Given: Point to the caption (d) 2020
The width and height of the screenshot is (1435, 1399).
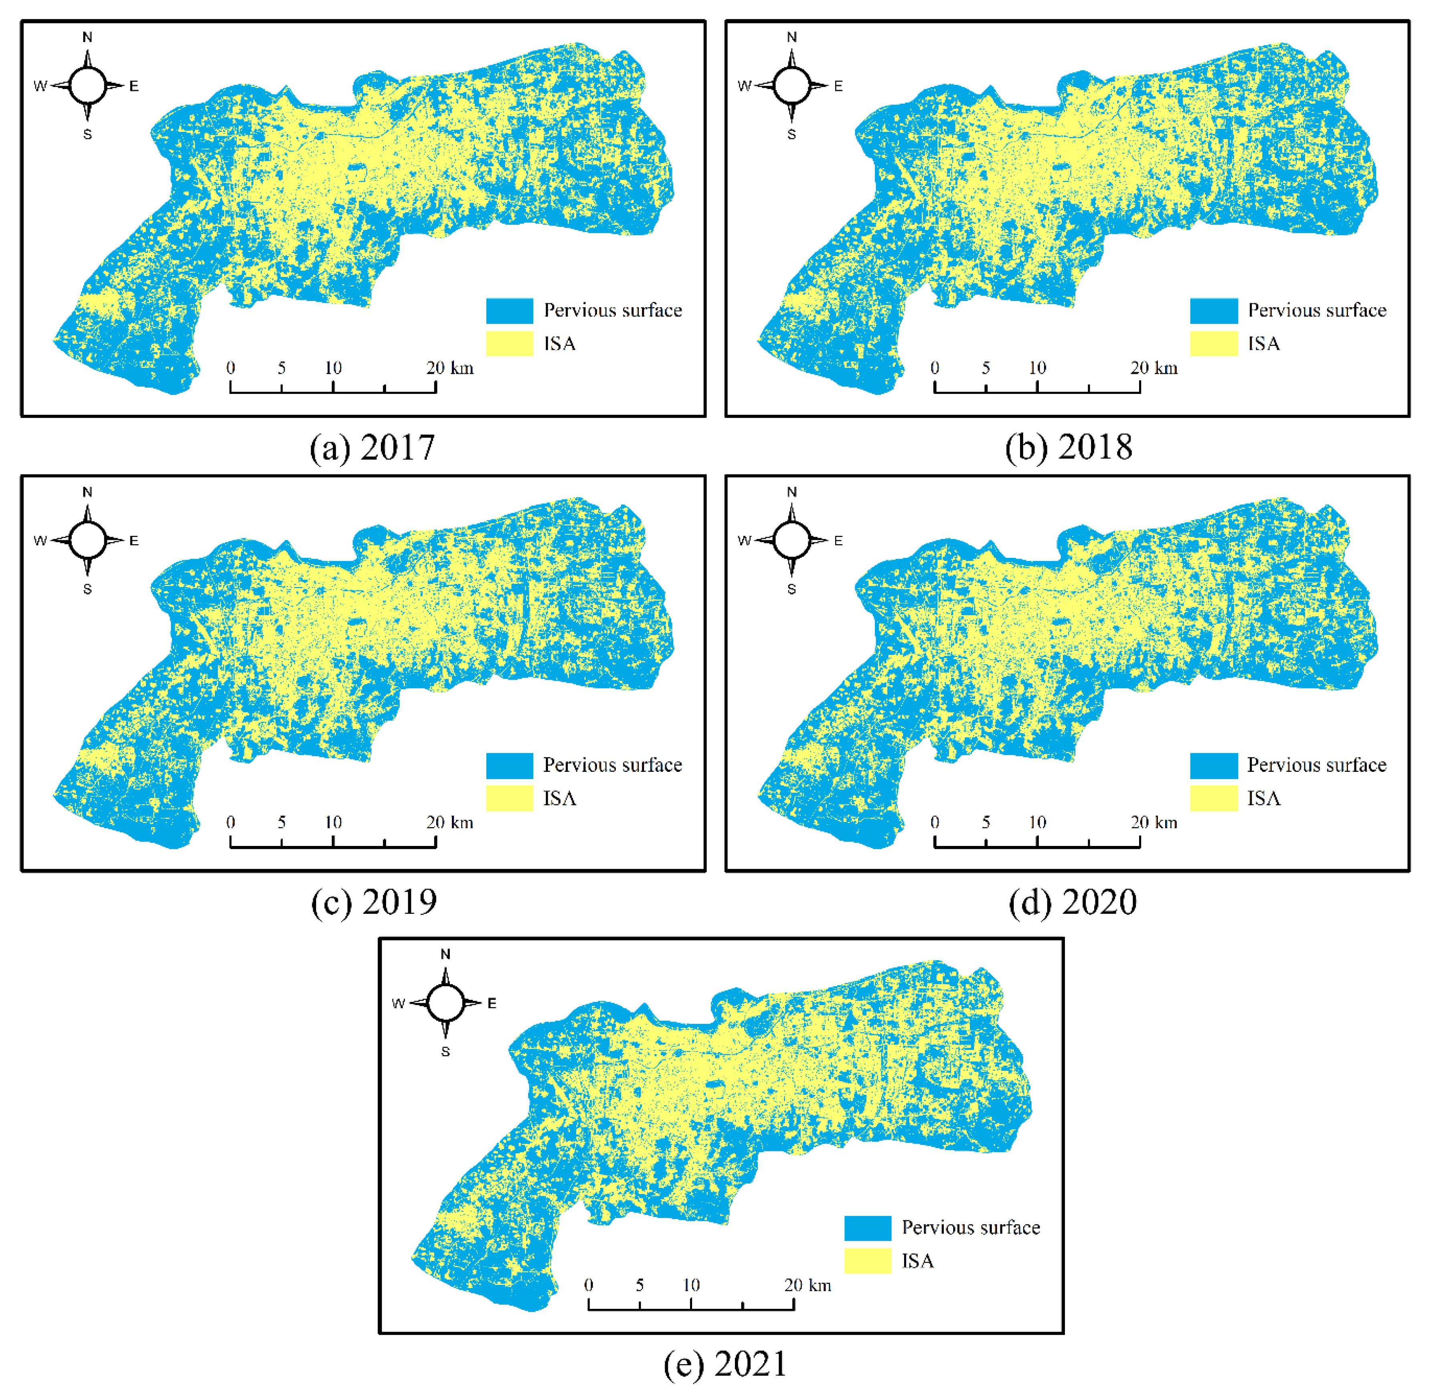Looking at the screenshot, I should [x=1073, y=902].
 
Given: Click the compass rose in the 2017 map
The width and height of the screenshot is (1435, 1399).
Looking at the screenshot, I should [x=87, y=85].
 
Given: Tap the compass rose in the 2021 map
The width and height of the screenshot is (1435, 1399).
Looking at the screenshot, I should [x=445, y=1003].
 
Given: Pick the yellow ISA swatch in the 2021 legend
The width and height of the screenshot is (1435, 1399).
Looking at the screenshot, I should [x=868, y=1261].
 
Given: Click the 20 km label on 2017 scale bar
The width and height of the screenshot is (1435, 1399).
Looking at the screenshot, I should [x=450, y=368].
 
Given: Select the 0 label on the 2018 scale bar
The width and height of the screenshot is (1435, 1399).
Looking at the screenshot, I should [x=934, y=368].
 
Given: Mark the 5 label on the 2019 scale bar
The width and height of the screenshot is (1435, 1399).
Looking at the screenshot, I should [x=281, y=823].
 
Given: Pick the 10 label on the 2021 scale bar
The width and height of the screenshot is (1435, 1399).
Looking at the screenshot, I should [x=691, y=1285].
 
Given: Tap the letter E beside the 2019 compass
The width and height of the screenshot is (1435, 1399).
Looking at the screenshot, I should [x=134, y=541].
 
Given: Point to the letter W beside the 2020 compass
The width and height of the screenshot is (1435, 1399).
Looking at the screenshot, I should [x=744, y=541].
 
